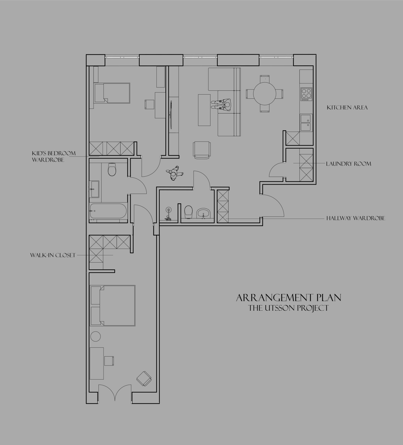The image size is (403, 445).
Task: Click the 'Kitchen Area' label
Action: click(347, 107)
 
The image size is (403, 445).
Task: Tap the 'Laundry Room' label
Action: click(348, 164)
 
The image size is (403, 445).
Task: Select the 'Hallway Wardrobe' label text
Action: click(356, 218)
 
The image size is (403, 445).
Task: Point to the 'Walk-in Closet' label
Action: click(53, 255)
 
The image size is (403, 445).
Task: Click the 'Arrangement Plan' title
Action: click(289, 298)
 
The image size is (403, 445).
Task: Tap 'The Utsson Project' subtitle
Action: click(289, 308)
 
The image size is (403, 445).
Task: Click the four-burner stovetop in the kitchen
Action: click(306, 94)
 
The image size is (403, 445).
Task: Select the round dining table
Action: click(264, 94)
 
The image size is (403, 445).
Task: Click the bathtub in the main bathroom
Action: click(108, 211)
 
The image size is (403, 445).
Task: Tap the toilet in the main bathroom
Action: click(112, 170)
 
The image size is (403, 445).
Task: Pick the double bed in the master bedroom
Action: click(112, 305)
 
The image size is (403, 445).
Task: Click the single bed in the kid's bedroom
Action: click(112, 93)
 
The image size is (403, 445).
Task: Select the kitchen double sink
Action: click(306, 123)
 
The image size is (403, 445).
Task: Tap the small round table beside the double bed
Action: click(96, 337)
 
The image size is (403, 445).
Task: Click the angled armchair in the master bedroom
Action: click(144, 379)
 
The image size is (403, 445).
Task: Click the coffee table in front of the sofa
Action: click(204, 110)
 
